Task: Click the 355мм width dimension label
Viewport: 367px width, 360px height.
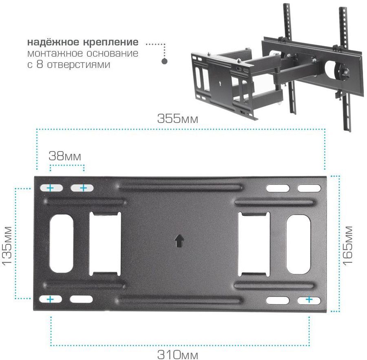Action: [x=178, y=119]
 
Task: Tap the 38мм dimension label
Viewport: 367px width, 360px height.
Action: [x=65, y=156]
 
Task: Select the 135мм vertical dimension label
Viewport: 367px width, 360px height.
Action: [x=7, y=245]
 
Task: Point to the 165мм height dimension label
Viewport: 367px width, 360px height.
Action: [x=347, y=245]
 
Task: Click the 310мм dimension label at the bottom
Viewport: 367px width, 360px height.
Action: [x=178, y=354]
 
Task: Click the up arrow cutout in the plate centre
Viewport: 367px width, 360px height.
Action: [x=179, y=241]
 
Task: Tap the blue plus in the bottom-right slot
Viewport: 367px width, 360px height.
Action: [x=309, y=299]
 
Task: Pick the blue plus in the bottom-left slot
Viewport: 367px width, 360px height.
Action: [x=50, y=299]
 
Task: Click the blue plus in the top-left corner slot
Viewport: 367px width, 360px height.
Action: [x=50, y=188]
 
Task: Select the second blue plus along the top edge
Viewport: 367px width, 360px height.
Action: [x=84, y=188]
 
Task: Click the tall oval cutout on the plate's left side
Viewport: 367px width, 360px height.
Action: [x=62, y=244]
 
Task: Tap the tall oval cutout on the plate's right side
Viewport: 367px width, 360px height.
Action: [x=298, y=244]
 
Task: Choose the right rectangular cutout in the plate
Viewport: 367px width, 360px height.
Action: [x=254, y=244]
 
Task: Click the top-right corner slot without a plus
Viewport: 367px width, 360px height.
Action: [x=309, y=188]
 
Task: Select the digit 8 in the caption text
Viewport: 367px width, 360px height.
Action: [x=40, y=64]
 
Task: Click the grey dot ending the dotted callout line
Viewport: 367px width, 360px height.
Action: [x=165, y=61]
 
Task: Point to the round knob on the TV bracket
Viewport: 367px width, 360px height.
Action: [x=344, y=72]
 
